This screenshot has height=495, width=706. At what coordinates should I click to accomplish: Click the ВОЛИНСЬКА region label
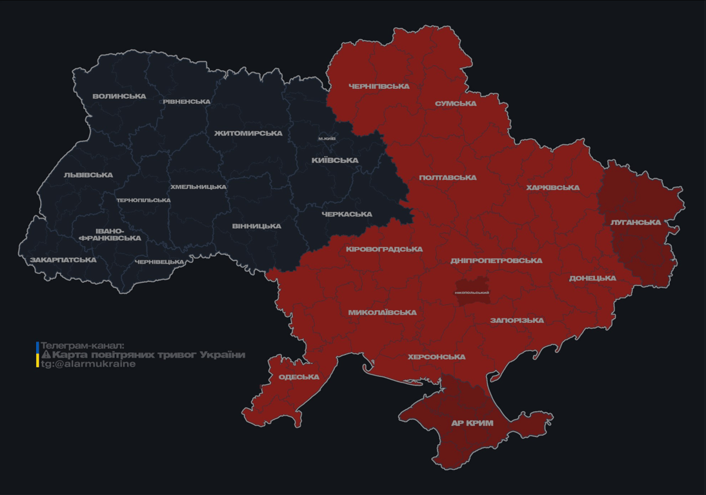point(119,97)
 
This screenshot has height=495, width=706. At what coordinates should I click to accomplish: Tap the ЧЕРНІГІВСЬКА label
point(379,86)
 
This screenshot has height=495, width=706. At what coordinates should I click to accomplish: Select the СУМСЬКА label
point(456,104)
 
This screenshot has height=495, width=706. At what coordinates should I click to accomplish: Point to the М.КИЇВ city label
point(327,139)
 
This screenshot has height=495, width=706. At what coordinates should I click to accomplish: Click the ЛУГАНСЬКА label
point(636,222)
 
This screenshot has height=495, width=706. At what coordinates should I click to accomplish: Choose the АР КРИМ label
point(472,423)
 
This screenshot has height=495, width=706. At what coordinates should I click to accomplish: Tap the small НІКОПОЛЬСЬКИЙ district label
point(472,293)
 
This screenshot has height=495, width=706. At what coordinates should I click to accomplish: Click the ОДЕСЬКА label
point(299,377)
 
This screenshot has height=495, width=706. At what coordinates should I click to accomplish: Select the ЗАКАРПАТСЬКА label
point(63,260)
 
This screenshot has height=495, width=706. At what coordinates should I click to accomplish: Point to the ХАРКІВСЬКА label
point(552,188)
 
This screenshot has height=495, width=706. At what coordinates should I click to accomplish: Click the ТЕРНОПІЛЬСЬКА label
point(143,200)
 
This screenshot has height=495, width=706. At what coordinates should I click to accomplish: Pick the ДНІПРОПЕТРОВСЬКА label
point(496,261)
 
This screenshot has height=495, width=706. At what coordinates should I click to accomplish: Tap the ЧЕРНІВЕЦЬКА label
point(159,262)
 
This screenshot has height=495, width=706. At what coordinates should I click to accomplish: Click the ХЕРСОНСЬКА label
point(436,357)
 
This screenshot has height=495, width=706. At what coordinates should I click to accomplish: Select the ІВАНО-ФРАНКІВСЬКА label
point(110,235)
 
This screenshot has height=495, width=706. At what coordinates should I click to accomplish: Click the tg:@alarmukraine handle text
point(88,364)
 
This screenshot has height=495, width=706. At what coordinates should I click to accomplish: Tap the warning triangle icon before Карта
point(46,354)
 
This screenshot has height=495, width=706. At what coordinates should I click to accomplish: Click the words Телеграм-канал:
point(82,345)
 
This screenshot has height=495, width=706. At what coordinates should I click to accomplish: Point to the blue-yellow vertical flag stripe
point(37,354)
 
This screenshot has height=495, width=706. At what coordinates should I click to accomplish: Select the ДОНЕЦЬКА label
point(592,278)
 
